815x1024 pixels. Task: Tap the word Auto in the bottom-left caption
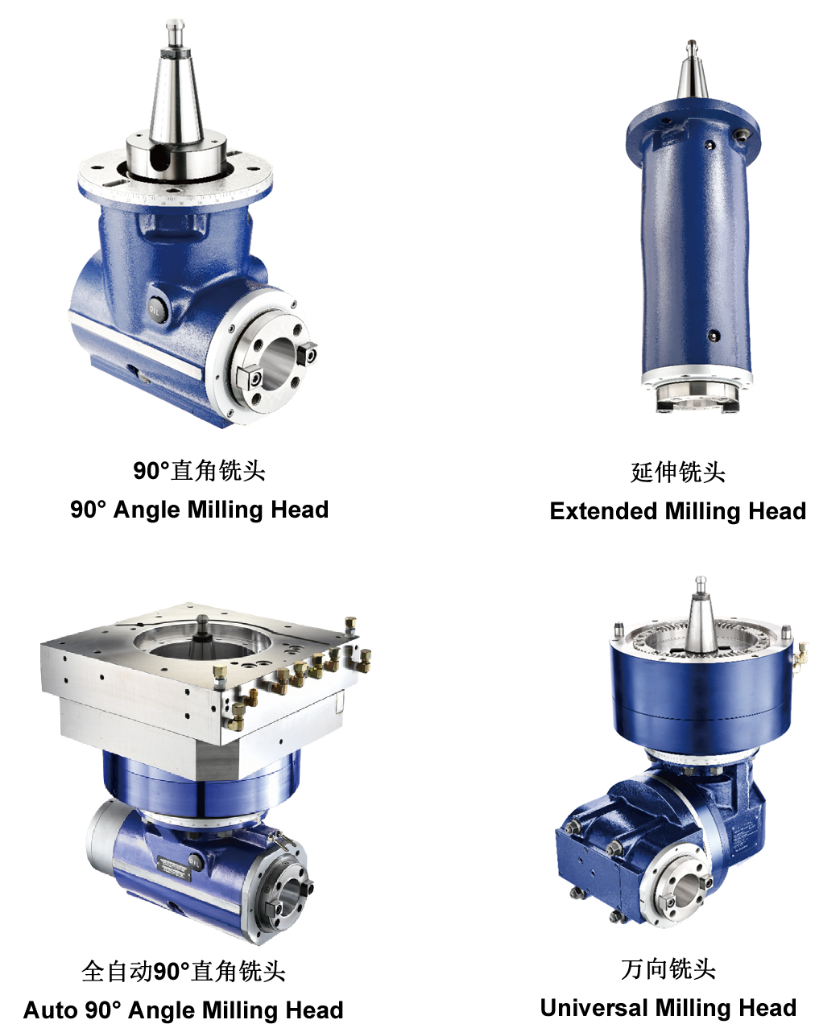(x=51, y=1010)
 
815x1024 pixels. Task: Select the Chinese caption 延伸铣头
(x=678, y=473)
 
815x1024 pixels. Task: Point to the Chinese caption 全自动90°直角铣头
(x=184, y=971)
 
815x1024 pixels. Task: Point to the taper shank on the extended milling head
(x=692, y=72)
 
